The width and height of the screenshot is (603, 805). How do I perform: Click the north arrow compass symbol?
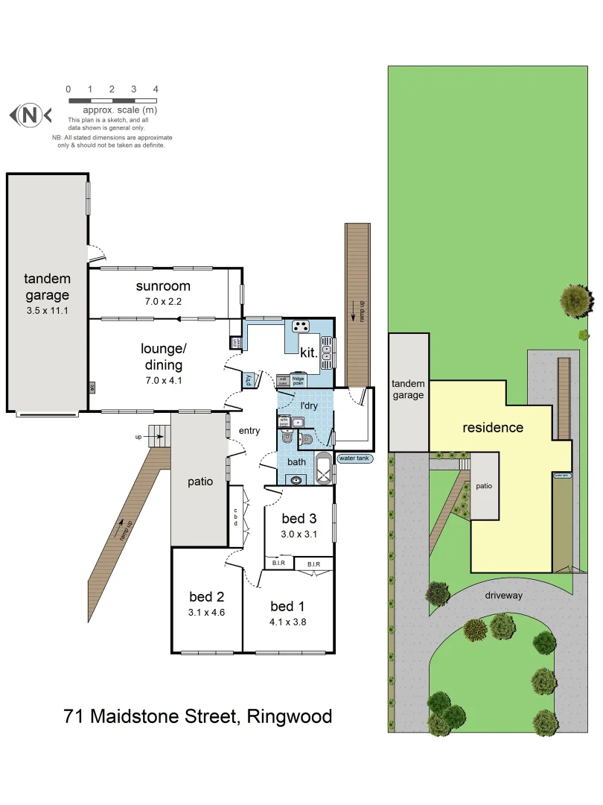coord(30,116)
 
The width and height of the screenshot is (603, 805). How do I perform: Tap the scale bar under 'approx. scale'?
coord(112,100)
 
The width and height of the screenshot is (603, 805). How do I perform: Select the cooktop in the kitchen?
coord(301,326)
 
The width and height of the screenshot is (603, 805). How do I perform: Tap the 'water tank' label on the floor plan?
coord(354,459)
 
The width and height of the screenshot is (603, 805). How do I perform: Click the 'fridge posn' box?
coord(298,379)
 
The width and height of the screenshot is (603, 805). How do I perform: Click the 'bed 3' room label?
coord(299,518)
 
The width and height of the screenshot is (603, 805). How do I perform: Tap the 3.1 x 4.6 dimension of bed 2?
coord(207,612)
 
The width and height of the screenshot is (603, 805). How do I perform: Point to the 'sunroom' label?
coord(163,286)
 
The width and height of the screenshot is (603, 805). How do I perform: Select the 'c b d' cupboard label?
coord(235,517)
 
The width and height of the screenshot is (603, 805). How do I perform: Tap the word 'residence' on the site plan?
coord(493,428)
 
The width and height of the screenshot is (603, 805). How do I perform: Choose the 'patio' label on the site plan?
coord(484,486)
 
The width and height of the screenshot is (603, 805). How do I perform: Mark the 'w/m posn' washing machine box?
coord(284,421)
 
